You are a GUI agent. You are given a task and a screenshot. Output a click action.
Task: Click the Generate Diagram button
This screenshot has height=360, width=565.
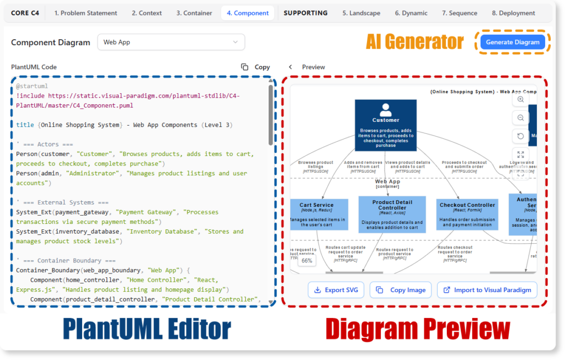click(x=513, y=42)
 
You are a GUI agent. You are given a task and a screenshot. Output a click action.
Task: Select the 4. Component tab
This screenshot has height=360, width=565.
click(x=248, y=13)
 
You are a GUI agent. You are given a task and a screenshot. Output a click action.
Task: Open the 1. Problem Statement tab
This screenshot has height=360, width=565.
click(x=86, y=13)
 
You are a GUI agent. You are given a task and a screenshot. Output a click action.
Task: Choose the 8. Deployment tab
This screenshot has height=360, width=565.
click(x=513, y=13)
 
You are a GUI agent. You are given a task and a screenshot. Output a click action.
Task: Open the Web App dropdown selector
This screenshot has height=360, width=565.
click(x=171, y=42)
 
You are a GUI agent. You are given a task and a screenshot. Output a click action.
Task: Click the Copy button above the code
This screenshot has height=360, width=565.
click(x=256, y=67)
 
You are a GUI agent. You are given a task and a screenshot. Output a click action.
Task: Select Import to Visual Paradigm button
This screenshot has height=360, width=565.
click(x=487, y=290)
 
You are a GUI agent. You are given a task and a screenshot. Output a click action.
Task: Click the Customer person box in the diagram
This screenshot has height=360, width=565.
click(x=386, y=125)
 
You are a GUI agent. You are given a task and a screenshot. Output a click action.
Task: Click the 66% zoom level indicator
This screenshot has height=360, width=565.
click(x=307, y=261)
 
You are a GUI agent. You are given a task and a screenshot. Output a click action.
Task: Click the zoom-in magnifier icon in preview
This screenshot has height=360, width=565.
click(x=520, y=100)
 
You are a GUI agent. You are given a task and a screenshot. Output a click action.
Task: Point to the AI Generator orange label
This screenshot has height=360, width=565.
click(x=415, y=42)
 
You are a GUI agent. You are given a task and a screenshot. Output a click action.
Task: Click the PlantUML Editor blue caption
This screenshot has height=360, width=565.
click(x=146, y=329)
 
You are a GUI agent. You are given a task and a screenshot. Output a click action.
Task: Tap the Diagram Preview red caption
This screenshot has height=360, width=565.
click(x=418, y=329)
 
